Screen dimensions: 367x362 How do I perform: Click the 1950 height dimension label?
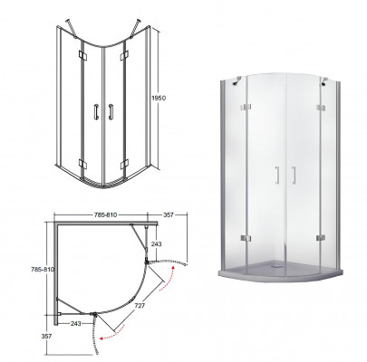pos(158,98)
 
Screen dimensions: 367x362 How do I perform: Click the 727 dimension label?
pos(140,306)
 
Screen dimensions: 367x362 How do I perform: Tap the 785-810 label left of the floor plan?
pos(43,270)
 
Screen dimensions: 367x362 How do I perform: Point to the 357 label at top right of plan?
pos(169,214)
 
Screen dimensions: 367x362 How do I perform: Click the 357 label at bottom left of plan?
pos(46,336)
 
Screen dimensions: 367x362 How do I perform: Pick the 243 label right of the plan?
pos(156,243)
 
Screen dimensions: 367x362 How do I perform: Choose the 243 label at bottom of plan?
pos(75,323)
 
